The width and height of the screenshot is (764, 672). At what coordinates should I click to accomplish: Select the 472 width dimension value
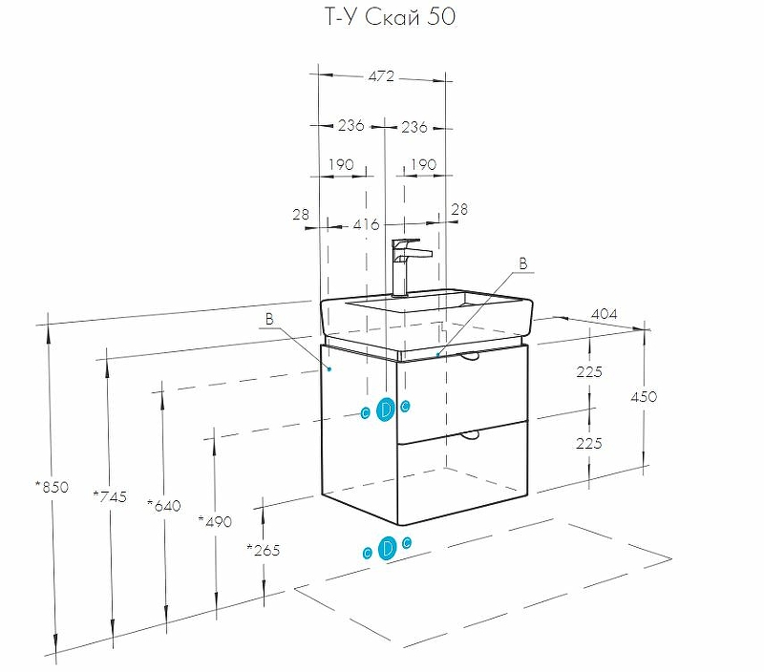click(x=381, y=76)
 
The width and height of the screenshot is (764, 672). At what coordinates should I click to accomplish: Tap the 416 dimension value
click(x=367, y=225)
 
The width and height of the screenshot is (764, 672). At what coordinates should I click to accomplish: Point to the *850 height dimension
click(x=52, y=487)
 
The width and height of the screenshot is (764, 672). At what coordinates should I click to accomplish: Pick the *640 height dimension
click(x=163, y=505)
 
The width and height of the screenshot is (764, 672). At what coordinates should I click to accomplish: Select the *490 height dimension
click(x=214, y=520)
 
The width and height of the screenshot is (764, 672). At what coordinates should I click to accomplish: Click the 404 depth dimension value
click(x=604, y=313)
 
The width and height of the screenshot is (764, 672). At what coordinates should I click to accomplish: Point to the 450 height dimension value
click(x=644, y=396)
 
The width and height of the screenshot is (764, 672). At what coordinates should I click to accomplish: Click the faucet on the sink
click(x=407, y=264)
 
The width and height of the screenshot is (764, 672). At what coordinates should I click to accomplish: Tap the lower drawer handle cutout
click(x=469, y=435)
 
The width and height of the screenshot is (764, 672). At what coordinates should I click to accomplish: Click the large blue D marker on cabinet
click(x=386, y=409)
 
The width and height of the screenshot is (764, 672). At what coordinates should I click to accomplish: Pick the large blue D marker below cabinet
click(x=387, y=549)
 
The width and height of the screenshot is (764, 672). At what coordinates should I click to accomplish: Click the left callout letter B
click(x=269, y=320)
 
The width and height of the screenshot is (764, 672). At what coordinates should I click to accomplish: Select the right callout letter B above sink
click(x=522, y=262)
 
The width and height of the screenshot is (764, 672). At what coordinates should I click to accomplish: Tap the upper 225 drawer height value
click(x=589, y=372)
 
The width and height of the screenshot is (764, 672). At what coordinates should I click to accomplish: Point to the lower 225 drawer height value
click(x=589, y=442)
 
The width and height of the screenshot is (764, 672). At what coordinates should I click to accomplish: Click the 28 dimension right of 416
click(x=458, y=209)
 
